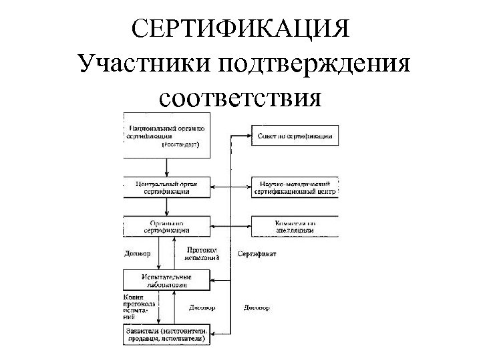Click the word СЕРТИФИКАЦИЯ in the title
point(240,30)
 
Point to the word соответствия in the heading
point(240,99)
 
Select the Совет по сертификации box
point(293,136)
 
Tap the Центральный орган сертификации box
point(166,186)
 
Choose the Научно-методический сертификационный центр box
point(293,186)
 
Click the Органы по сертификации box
point(166,226)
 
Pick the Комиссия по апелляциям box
point(293,226)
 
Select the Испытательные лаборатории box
point(166,279)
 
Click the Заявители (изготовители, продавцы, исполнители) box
point(166,334)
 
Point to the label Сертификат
point(257,254)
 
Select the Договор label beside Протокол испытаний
point(138,254)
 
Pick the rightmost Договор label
point(257,308)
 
